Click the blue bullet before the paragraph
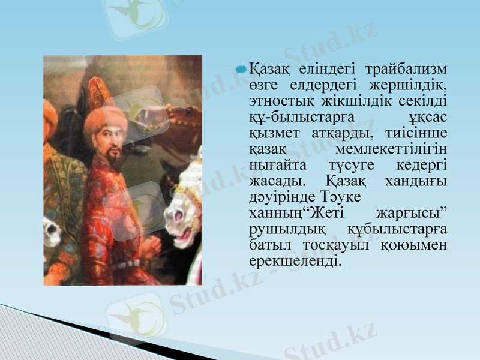tap(241, 70)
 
